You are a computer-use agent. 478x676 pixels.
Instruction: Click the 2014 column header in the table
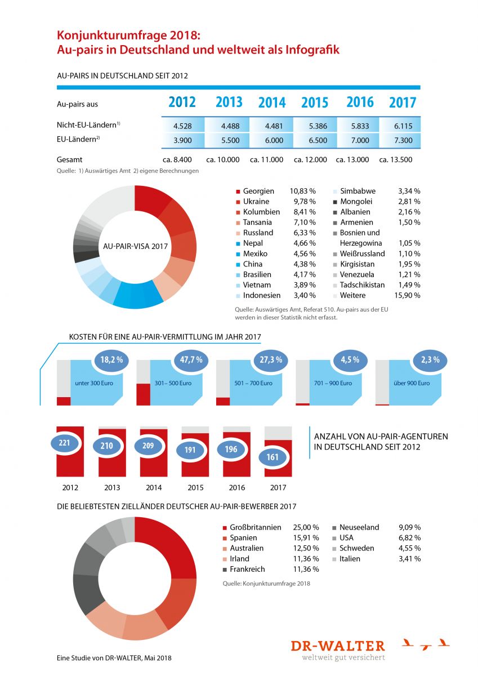(x=272, y=103)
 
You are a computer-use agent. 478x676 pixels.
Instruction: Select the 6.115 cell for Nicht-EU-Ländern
(x=403, y=126)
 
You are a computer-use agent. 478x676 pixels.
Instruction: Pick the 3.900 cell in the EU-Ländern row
(x=182, y=140)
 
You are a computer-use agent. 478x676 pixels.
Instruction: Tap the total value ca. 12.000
(x=310, y=159)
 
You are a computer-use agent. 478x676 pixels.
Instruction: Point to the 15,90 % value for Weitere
(x=407, y=295)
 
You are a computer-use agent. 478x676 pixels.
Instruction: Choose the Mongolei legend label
(x=356, y=201)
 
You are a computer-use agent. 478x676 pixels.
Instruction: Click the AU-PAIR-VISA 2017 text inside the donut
(x=135, y=246)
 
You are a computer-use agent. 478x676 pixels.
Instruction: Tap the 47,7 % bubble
(x=191, y=360)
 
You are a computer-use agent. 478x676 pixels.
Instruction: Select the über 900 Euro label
(x=412, y=383)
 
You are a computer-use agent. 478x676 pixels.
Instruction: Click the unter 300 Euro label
(x=94, y=383)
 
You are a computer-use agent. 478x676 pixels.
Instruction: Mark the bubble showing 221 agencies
(x=64, y=443)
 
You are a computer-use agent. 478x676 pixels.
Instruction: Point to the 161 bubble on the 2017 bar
(x=272, y=457)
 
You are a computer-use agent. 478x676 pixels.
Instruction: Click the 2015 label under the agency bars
(x=195, y=487)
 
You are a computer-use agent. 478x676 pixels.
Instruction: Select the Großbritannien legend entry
(x=252, y=527)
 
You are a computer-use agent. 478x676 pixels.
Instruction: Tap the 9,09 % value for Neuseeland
(x=409, y=527)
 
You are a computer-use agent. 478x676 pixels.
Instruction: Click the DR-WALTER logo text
(x=338, y=646)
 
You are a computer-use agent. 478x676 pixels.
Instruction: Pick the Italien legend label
(x=350, y=559)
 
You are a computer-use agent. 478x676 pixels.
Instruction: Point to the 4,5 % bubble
(x=350, y=360)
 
